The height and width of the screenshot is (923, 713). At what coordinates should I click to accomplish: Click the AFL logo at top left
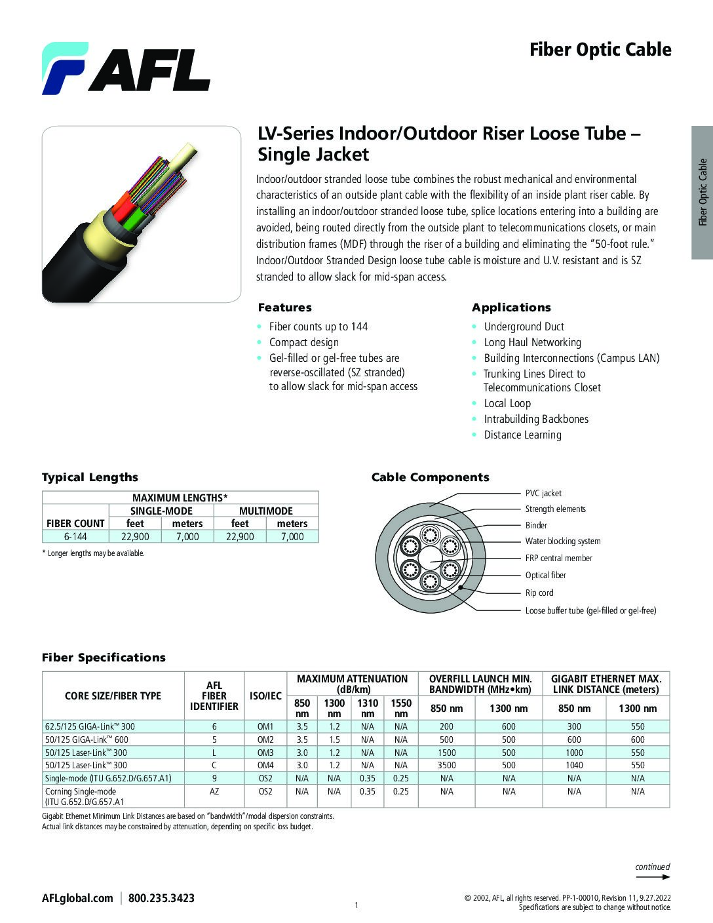coord(126,68)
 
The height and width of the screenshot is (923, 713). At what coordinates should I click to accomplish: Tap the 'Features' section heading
coord(284,307)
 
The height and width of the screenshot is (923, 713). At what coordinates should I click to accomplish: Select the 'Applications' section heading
coord(511,307)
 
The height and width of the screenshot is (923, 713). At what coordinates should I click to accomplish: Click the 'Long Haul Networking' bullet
coord(532,342)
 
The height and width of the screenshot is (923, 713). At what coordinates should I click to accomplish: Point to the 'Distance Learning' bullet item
coord(522,435)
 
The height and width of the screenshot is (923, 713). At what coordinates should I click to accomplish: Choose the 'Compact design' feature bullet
coord(303,342)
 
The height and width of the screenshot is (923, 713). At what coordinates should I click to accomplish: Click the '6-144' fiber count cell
coord(75,536)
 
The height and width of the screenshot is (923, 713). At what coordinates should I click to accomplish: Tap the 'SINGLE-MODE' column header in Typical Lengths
coord(161,511)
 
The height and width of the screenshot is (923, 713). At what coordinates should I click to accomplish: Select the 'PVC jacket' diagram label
coord(543,493)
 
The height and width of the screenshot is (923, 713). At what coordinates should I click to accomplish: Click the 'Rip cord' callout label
coord(539,593)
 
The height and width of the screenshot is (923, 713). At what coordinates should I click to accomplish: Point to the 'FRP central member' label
coord(558,558)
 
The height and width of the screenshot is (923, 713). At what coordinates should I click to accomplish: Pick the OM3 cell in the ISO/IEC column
coord(265,753)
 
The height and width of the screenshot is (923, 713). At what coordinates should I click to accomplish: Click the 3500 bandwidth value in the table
coord(446,765)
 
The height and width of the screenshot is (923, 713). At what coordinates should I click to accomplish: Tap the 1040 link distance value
coord(574,765)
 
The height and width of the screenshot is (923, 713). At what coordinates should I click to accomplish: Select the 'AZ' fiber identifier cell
coord(214,791)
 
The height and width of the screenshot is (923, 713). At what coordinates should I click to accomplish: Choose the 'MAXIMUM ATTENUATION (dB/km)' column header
coord(352,684)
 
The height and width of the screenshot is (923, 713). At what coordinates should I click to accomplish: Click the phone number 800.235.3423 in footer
coord(161,898)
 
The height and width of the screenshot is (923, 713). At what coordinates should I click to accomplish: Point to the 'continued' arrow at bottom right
coord(653,876)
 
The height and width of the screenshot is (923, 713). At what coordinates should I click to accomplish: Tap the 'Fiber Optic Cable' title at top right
coord(600,50)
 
